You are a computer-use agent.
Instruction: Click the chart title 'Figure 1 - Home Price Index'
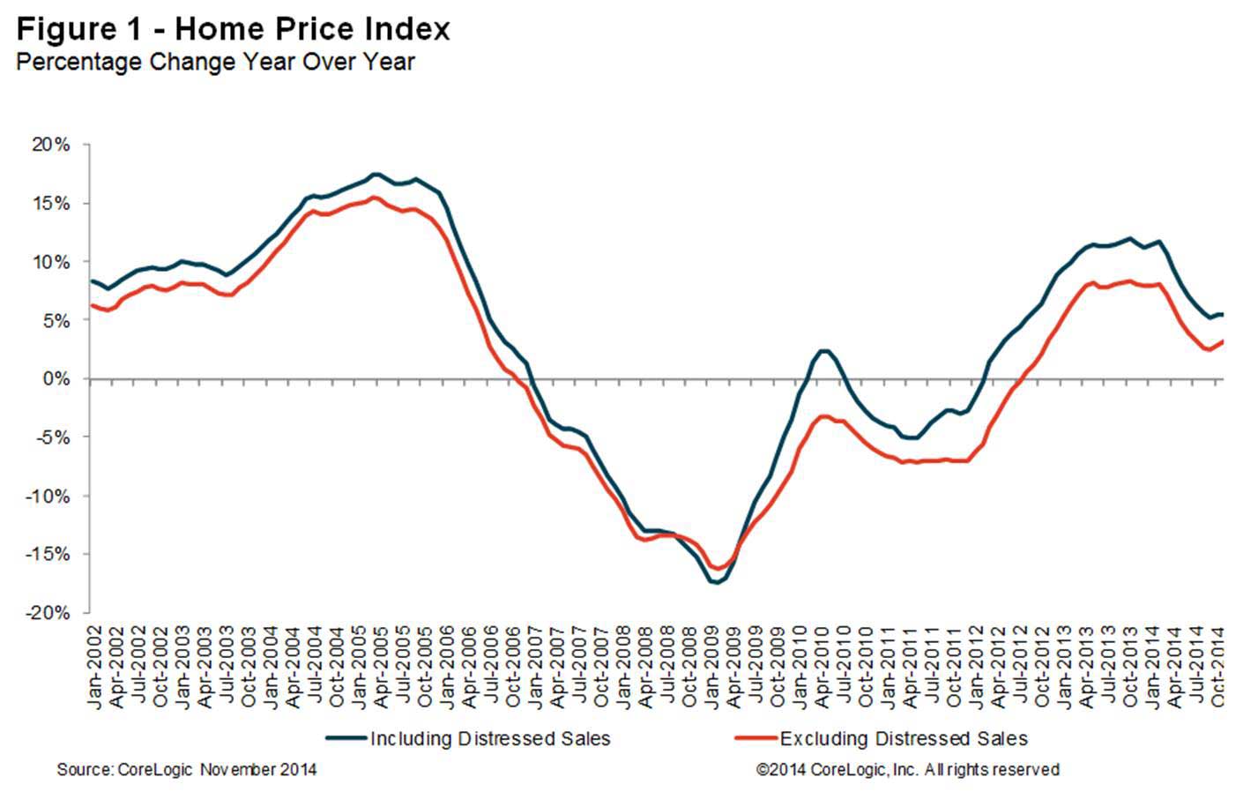tap(233, 29)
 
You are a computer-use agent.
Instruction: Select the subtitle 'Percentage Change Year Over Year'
tap(215, 63)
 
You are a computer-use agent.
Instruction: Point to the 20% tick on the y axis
tap(51, 145)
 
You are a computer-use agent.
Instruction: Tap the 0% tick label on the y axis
tap(56, 379)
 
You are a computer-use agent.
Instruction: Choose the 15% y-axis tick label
tap(51, 204)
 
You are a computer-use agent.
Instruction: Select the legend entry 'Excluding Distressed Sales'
tap(904, 739)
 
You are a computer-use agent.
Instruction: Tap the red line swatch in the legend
tap(756, 739)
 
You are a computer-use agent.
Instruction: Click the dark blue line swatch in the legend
tap(346, 739)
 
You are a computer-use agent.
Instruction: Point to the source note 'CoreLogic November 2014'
tap(187, 770)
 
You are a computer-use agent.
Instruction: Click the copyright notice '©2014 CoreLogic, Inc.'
tap(908, 770)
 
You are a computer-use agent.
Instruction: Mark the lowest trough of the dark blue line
tap(717, 583)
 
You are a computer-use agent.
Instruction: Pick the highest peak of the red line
tap(373, 198)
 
